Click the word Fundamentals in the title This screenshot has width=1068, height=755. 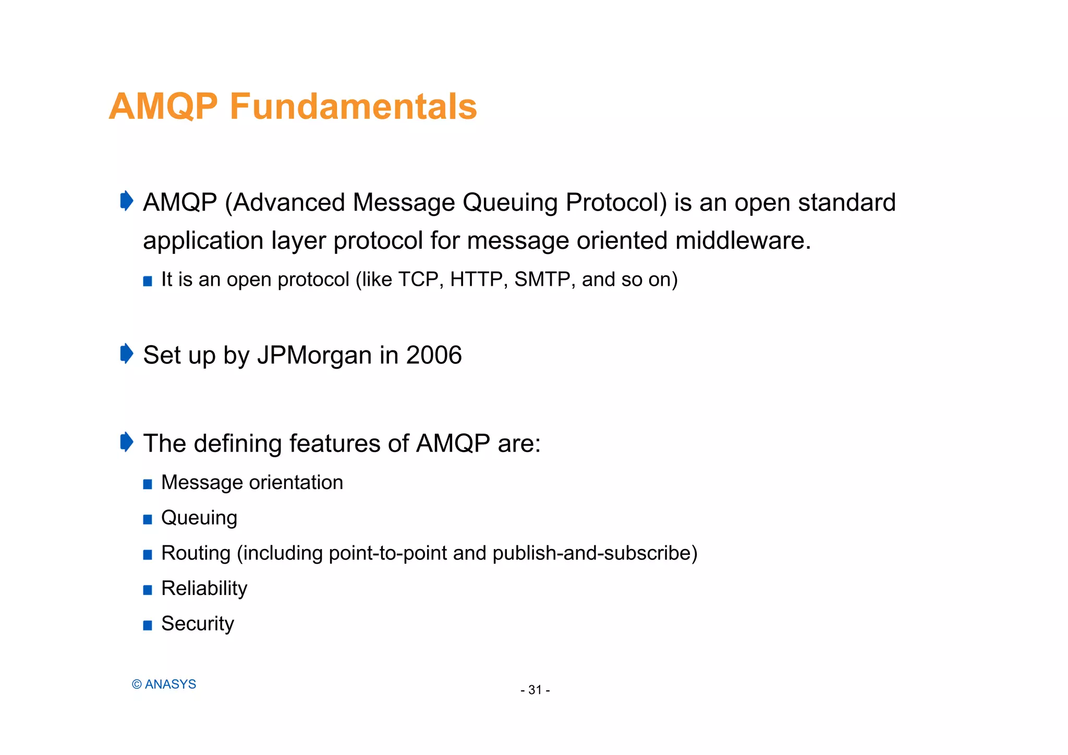tap(353, 106)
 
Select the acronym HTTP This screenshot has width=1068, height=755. tap(478, 279)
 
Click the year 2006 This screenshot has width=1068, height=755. tap(434, 355)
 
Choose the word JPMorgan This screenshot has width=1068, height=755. tap(314, 355)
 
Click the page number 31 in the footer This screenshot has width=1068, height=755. tap(535, 690)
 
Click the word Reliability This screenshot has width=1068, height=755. tap(204, 588)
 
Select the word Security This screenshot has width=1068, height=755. tap(198, 624)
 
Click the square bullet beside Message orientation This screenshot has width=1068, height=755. tap(148, 484)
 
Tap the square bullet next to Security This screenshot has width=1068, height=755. tap(148, 625)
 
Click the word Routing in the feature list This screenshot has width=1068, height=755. tap(196, 553)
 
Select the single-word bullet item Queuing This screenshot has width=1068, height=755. tap(199, 518)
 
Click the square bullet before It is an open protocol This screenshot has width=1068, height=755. tap(148, 282)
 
